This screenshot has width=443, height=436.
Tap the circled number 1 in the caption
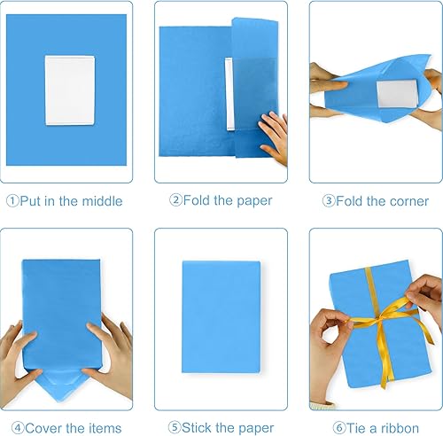12,201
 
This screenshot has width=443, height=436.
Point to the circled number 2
175,201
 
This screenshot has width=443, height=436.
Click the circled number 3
329,201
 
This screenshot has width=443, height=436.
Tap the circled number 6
330,426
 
